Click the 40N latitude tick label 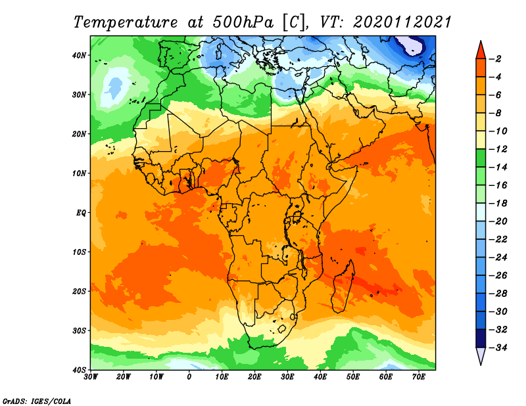click(x=79, y=55)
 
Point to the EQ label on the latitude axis click(x=81, y=213)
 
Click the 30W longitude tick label click(x=91, y=377)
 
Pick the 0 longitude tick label click(x=189, y=377)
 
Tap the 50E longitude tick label click(x=353, y=377)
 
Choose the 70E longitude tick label click(x=419, y=377)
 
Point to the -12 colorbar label click(x=498, y=149)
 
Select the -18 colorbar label click(x=498, y=204)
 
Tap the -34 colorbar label click(x=498, y=348)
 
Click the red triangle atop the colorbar click(x=481, y=51)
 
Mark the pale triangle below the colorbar click(x=481, y=355)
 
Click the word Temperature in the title click(x=125, y=22)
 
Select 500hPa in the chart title click(x=243, y=22)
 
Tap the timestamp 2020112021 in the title click(x=402, y=22)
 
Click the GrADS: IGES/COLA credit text click(x=37, y=401)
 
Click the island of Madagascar click(x=343, y=286)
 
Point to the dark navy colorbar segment click(x=481, y=338)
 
